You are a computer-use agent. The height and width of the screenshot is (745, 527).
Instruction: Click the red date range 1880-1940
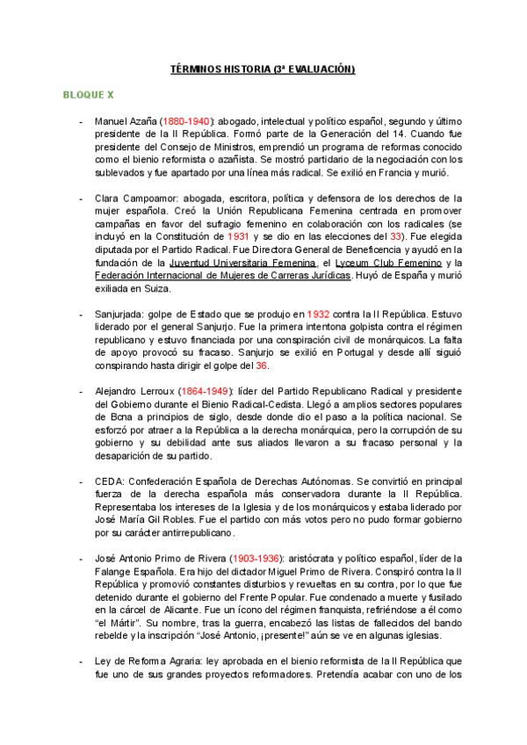(x=185, y=120)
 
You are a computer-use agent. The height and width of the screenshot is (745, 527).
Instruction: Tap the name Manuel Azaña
(x=125, y=120)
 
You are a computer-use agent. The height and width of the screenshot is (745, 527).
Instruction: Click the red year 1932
(x=320, y=314)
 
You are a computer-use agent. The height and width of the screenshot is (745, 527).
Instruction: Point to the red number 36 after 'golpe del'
(x=261, y=365)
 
